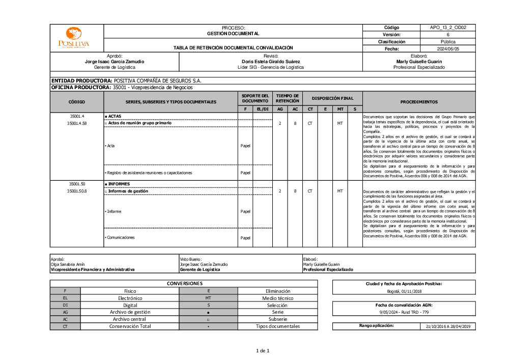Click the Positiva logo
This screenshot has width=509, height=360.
73,38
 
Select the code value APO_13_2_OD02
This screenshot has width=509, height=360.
448,27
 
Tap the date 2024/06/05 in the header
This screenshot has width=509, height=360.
448,49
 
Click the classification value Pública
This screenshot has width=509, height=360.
448,42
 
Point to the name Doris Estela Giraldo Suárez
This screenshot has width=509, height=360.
270,61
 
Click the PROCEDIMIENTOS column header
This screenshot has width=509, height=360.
418,102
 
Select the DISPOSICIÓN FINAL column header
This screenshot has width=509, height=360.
332,98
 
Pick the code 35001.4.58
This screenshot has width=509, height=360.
77,123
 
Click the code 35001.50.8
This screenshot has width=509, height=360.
77,191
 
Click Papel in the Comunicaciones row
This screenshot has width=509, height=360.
245,238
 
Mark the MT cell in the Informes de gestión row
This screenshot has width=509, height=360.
340,191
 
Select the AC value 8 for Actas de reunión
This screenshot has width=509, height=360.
295,123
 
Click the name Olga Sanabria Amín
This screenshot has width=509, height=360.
67,264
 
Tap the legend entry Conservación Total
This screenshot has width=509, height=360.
130,326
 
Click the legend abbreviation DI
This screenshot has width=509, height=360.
65,305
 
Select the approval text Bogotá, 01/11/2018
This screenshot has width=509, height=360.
404,291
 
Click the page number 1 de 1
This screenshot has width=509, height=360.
262,350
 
